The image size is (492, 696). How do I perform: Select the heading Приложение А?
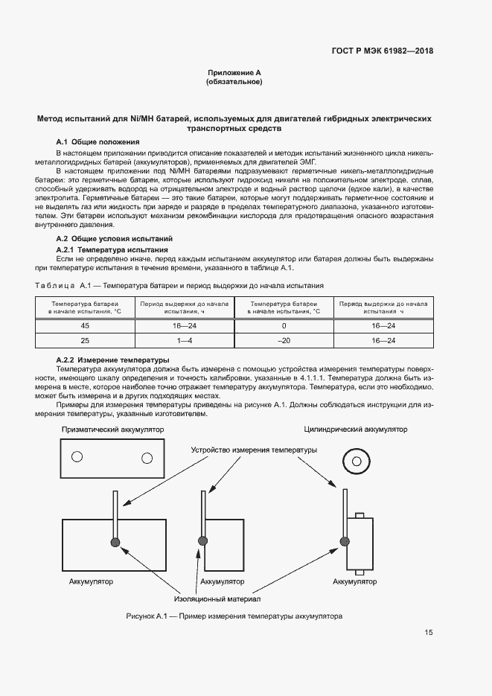click(234, 72)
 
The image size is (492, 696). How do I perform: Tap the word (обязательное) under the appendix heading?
click(234, 82)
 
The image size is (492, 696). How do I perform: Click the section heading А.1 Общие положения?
click(98, 141)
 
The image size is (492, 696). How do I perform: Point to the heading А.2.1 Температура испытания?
click(112, 249)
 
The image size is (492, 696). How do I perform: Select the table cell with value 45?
click(84, 326)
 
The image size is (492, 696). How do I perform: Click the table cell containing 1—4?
click(184, 340)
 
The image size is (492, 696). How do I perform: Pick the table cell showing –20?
click(284, 340)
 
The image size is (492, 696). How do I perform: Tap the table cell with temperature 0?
click(284, 326)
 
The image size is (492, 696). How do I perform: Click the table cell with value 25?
click(84, 340)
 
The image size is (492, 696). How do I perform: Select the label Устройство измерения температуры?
click(254, 450)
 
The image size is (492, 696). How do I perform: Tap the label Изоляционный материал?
click(217, 598)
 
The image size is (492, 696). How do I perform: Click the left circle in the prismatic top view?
click(77, 456)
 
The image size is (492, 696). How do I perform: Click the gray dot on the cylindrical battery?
click(344, 541)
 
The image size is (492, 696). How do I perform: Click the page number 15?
click(429, 633)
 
